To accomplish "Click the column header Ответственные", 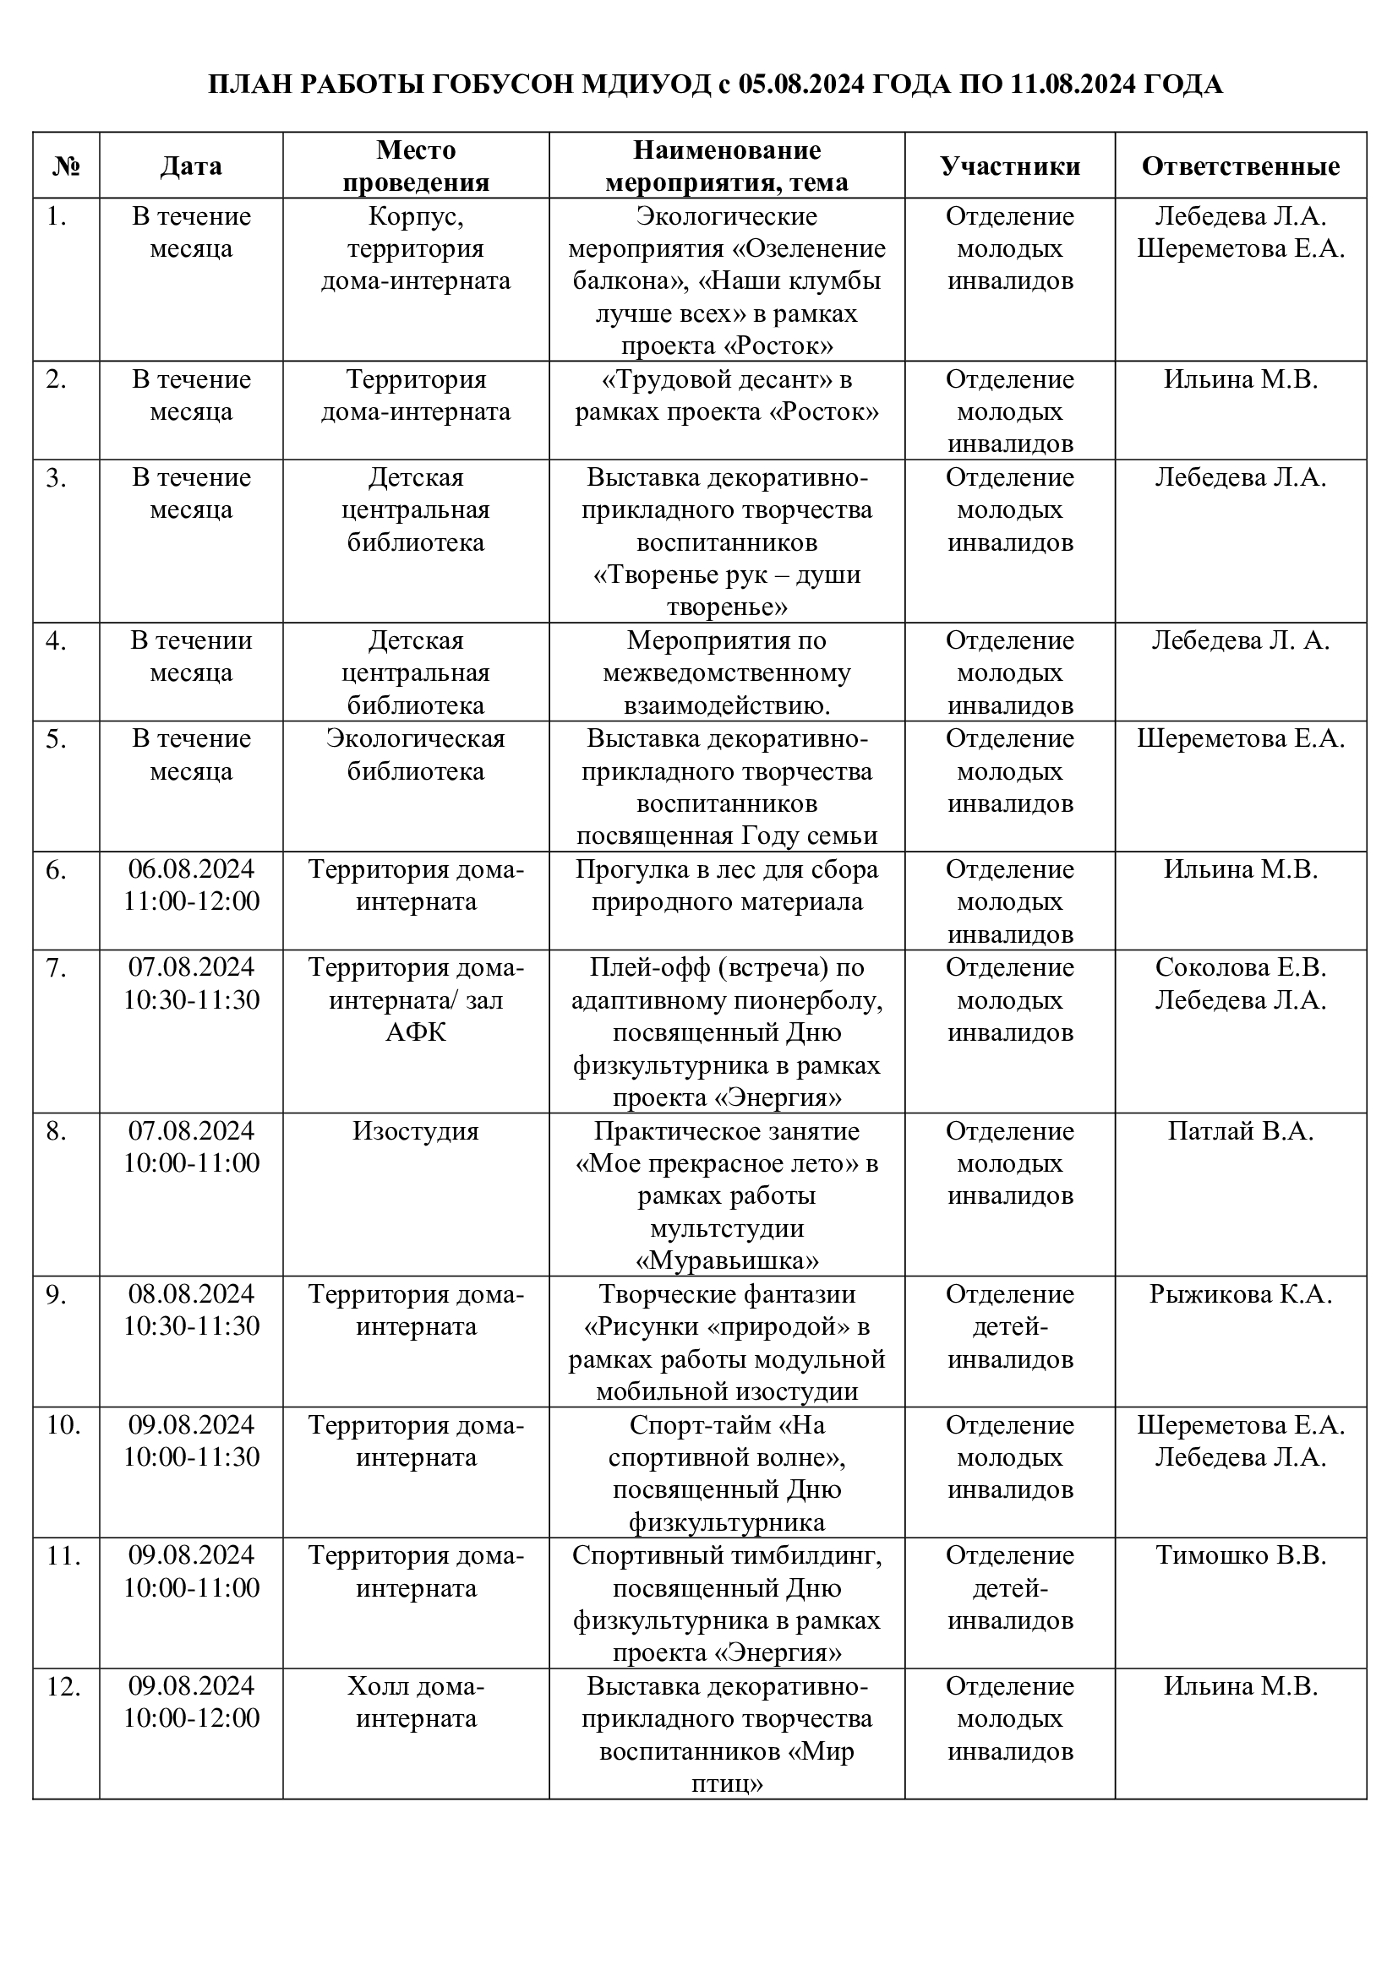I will (1240, 166).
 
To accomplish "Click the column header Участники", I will (1010, 166).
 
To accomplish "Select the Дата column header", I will (191, 166).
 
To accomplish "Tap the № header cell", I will (66, 166).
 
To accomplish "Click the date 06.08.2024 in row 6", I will (191, 868).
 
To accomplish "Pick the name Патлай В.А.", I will (1240, 1130).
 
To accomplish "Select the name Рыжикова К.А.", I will (1240, 1293).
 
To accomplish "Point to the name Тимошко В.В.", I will (1240, 1555).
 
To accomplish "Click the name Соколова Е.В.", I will (1240, 966).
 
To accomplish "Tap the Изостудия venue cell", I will (416, 1130).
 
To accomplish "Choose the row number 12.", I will (63, 1686).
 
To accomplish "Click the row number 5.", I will (56, 738).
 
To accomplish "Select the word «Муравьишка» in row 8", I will (727, 1260).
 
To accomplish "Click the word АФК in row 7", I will (416, 1032).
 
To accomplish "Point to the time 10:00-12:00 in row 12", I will (191, 1717).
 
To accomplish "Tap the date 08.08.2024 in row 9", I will (191, 1293).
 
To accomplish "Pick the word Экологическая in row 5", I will (416, 738).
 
